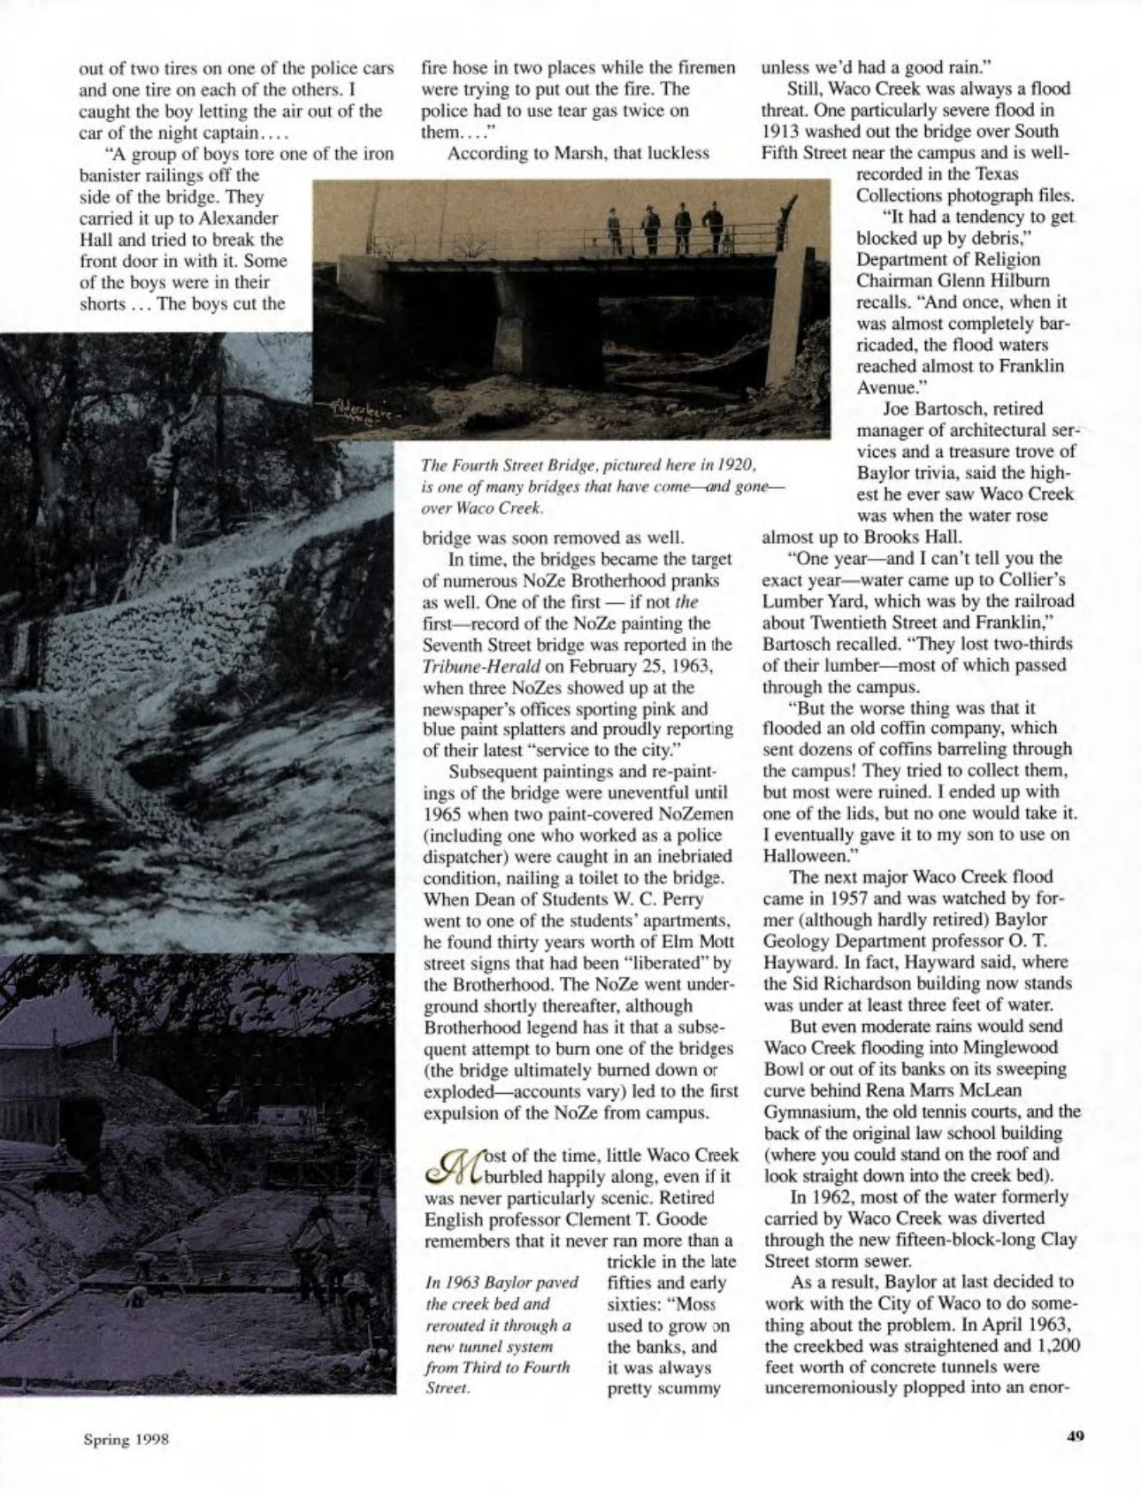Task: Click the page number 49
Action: click(1075, 1437)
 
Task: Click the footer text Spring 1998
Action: click(126, 1439)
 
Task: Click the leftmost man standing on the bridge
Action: click(616, 231)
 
